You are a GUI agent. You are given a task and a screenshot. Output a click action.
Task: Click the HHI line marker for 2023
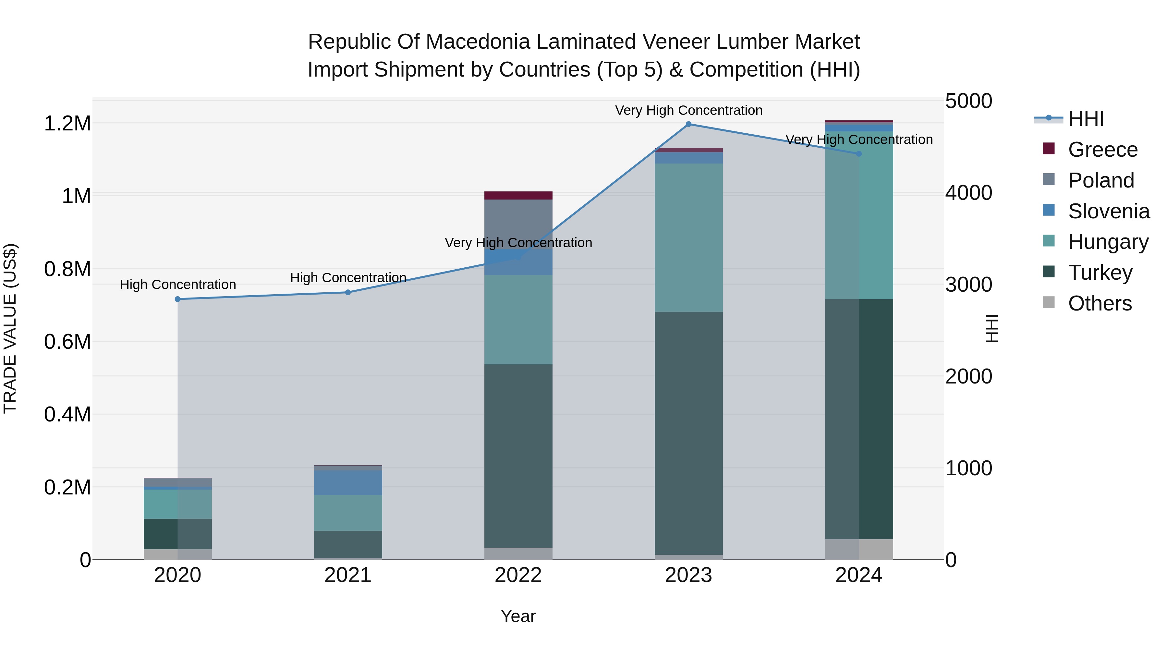coord(688,124)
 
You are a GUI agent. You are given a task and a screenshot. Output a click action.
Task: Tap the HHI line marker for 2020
coord(178,299)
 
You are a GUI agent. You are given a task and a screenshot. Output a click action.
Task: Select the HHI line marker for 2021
coord(348,292)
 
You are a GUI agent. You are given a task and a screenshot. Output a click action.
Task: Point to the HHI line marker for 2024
coord(858,154)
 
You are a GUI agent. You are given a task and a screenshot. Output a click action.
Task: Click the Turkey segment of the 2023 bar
coord(688,433)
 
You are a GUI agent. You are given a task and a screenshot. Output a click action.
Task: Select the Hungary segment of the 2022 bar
coord(518,320)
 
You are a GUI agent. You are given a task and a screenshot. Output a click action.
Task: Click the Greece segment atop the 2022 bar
coord(518,195)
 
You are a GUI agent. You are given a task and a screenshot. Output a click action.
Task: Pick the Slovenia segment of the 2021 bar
coord(348,482)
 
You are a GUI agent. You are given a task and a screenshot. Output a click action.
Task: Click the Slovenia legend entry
coord(1108,211)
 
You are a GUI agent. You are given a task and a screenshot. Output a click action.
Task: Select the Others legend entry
coord(1100,303)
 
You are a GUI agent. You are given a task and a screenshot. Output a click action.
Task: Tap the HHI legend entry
coord(1086,119)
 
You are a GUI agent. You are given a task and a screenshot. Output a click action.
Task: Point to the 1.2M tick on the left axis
coord(67,123)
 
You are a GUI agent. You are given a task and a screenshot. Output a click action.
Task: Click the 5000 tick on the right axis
coord(968,101)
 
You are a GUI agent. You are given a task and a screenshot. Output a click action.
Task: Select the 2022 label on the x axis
coord(518,575)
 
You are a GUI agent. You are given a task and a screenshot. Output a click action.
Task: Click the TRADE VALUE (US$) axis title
coord(10,328)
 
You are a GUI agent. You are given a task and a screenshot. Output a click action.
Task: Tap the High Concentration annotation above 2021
coord(348,277)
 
